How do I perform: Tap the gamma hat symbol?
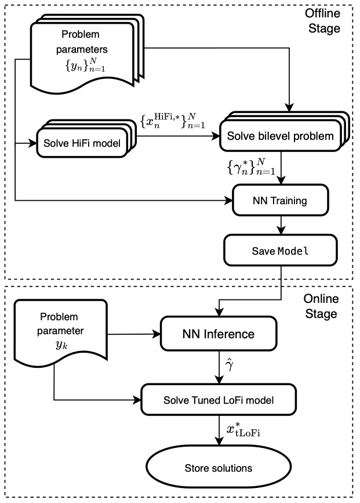coord(230,367)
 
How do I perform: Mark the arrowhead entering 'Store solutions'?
coord(217,444)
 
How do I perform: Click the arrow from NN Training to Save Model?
coord(280,225)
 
